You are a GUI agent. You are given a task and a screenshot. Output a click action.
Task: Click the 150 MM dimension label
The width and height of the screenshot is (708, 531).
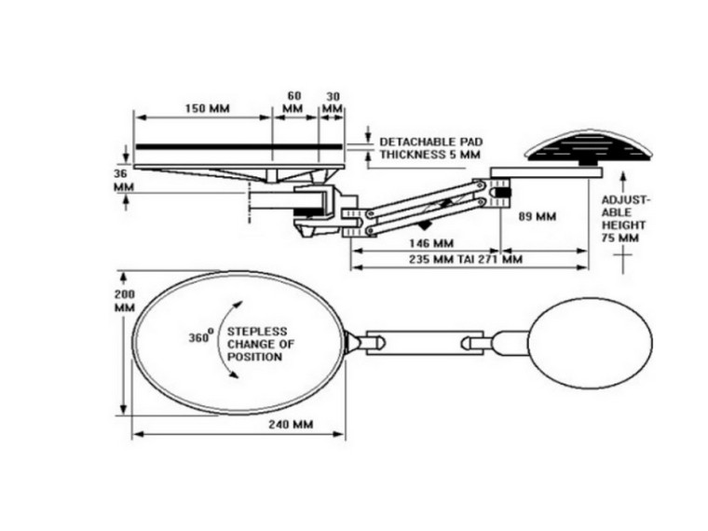pyautogui.click(x=206, y=108)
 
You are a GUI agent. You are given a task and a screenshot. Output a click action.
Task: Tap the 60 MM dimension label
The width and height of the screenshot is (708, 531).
pyautogui.click(x=293, y=102)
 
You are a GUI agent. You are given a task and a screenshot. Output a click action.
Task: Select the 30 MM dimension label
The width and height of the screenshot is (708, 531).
pyautogui.click(x=333, y=102)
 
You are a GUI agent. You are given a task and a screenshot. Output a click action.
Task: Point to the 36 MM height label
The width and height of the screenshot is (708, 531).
pyautogui.click(x=123, y=180)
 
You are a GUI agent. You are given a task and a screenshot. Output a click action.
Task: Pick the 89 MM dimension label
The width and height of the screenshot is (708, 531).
pyautogui.click(x=537, y=216)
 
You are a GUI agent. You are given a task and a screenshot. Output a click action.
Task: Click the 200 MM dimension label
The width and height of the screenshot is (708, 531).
pyautogui.click(x=125, y=301)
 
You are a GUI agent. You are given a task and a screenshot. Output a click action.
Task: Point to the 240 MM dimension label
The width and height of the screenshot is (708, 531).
pyautogui.click(x=290, y=425)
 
